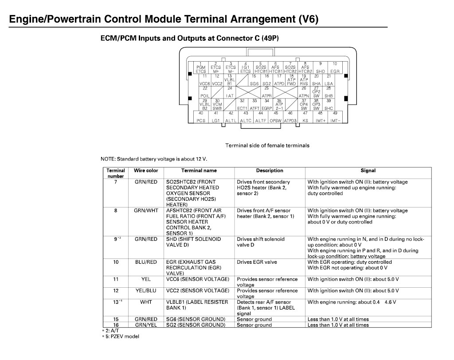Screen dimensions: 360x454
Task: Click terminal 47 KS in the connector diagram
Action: [x=305, y=117]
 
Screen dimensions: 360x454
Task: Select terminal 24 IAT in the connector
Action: [x=230, y=92]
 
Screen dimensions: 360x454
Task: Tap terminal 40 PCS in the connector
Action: [x=201, y=117]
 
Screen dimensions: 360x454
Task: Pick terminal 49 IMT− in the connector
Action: [x=335, y=117]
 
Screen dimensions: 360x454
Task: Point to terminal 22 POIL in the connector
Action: [x=205, y=92]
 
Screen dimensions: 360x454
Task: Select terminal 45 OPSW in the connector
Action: [x=275, y=117]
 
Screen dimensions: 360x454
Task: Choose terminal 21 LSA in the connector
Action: [x=329, y=80]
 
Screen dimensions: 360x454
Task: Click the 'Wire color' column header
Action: [x=146, y=171]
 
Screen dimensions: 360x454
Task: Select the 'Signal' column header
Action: [x=368, y=171]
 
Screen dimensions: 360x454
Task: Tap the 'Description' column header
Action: [x=270, y=171]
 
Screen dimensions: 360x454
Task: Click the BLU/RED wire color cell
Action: [x=146, y=262]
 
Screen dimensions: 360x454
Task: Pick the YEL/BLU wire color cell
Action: [x=146, y=291]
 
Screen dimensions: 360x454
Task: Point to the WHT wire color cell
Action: [x=146, y=302]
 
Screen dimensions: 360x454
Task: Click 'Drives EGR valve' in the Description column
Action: [x=257, y=262]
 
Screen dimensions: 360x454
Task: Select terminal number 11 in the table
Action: [x=116, y=279]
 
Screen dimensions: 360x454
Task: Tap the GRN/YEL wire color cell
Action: [x=146, y=325]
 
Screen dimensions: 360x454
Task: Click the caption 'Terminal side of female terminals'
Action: [x=267, y=145]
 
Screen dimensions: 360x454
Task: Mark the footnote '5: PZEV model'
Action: [x=120, y=337]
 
